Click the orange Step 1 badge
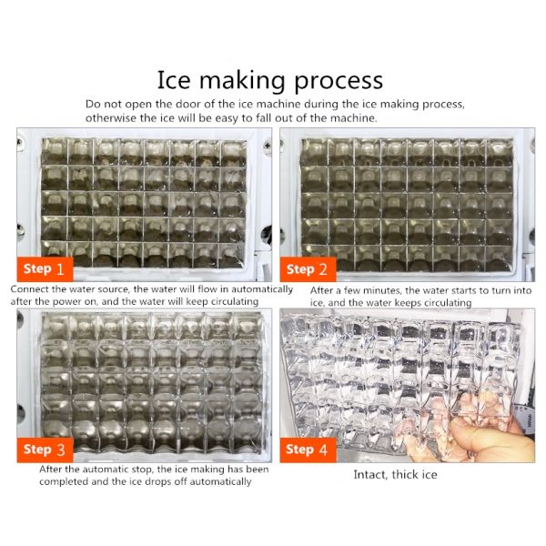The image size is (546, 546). pyautogui.click(x=45, y=269)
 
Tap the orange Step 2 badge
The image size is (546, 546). pyautogui.click(x=308, y=269)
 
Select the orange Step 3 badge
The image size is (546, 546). pyautogui.click(x=45, y=450)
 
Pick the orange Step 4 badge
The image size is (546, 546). pyautogui.click(x=308, y=450)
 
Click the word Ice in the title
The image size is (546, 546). pyautogui.click(x=174, y=80)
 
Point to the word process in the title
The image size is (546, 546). pyautogui.click(x=339, y=82)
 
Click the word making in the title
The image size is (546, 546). pyautogui.click(x=243, y=82)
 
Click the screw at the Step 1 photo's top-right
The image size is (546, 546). pyautogui.click(x=268, y=144)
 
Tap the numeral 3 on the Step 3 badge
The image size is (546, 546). pyautogui.click(x=61, y=450)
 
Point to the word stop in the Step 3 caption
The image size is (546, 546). pyautogui.click(x=142, y=470)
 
